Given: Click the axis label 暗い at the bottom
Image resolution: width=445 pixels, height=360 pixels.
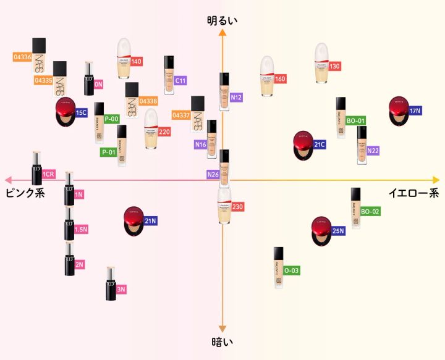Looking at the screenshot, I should click(x=222, y=340).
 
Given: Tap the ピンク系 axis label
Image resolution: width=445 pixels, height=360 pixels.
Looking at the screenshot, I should click(x=25, y=193).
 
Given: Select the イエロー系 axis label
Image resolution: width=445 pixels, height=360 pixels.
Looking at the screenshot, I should click(x=413, y=193).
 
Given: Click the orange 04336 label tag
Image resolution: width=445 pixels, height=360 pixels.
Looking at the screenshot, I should click(x=23, y=57).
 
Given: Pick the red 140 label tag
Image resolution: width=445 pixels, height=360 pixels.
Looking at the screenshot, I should click(x=137, y=61).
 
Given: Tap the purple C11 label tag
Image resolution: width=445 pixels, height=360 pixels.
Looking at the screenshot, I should click(x=180, y=81).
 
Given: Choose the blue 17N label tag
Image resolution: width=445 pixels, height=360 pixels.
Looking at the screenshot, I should click(x=415, y=111).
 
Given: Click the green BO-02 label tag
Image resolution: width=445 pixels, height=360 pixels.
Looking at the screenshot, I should click(x=370, y=211).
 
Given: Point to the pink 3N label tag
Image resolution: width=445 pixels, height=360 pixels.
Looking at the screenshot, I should click(x=121, y=289).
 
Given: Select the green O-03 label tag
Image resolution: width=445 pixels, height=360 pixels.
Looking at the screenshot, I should click(x=292, y=270).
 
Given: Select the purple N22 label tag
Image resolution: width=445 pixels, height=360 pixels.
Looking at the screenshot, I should click(x=373, y=151).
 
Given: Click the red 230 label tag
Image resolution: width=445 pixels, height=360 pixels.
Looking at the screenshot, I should click(x=238, y=206).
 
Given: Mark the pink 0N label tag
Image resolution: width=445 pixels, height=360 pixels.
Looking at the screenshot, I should click(x=98, y=83).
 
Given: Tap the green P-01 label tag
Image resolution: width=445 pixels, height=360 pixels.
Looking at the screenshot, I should click(x=109, y=151).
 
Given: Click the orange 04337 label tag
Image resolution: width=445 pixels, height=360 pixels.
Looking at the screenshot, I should click(x=181, y=115).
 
